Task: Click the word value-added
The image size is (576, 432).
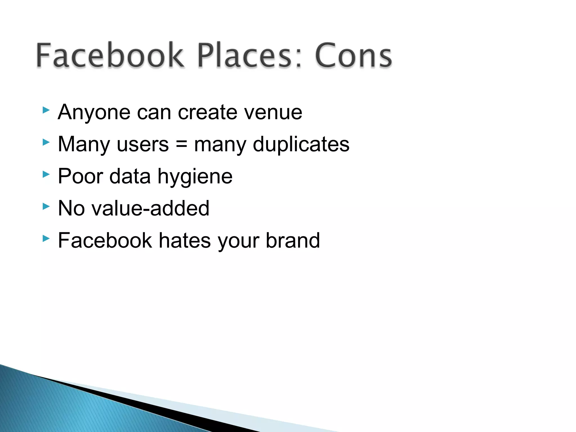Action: click(150, 208)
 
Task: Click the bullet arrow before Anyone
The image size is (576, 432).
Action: click(46, 110)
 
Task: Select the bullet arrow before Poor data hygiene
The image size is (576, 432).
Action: click(46, 174)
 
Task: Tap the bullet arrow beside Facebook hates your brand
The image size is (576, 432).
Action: click(46, 239)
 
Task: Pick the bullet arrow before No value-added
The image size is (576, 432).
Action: click(46, 207)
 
